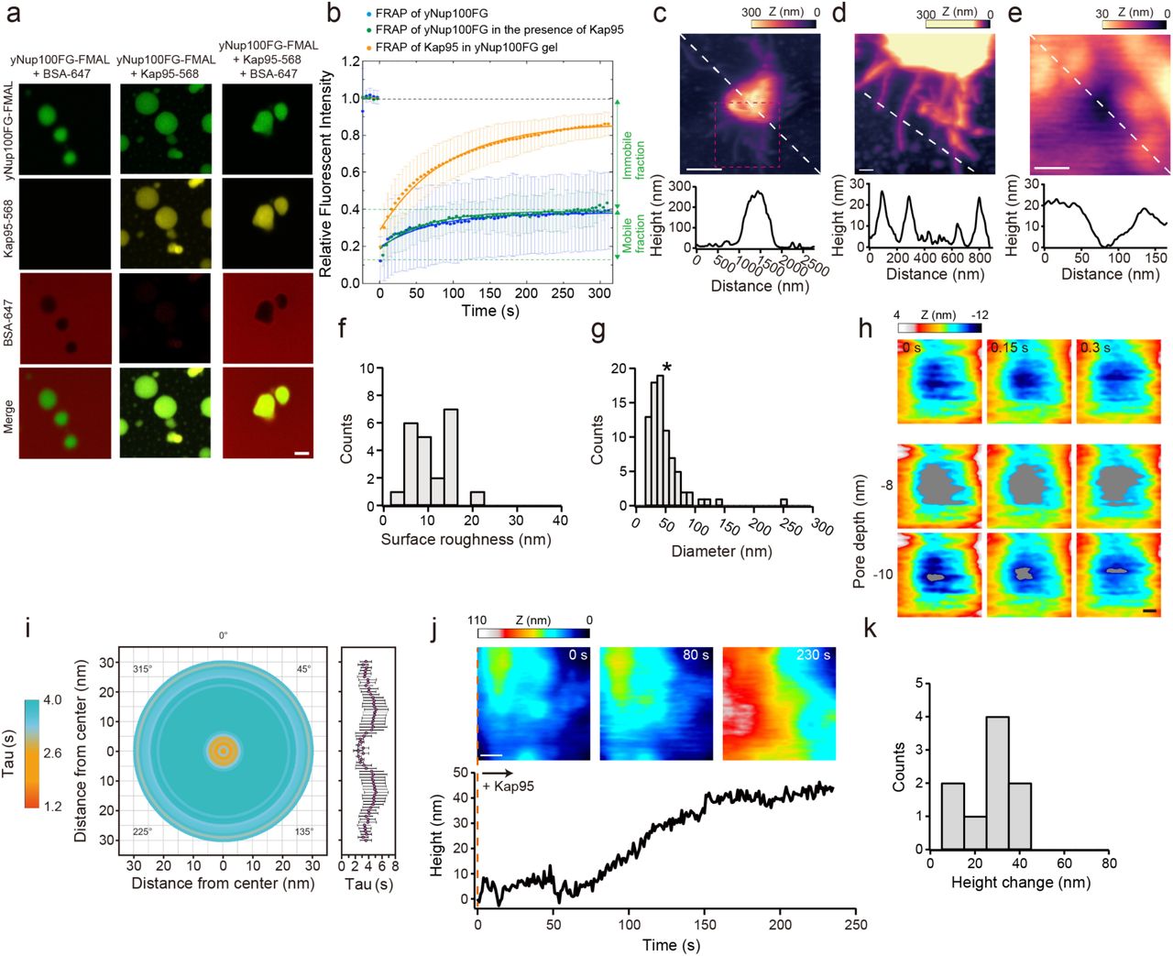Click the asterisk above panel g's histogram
click(x=666, y=368)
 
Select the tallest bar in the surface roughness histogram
click(x=450, y=456)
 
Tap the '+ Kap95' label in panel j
click(x=508, y=786)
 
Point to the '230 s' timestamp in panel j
click(x=813, y=655)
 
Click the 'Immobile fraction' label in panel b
click(x=633, y=154)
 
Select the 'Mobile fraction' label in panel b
click(x=633, y=234)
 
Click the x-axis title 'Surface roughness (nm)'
click(x=466, y=540)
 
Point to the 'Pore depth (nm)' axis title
click(x=859, y=532)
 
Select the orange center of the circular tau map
click(x=223, y=751)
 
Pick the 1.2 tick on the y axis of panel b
click(x=350, y=62)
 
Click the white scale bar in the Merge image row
click(x=302, y=453)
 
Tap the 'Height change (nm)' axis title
click(x=1020, y=883)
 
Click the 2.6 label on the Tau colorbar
click(x=51, y=753)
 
